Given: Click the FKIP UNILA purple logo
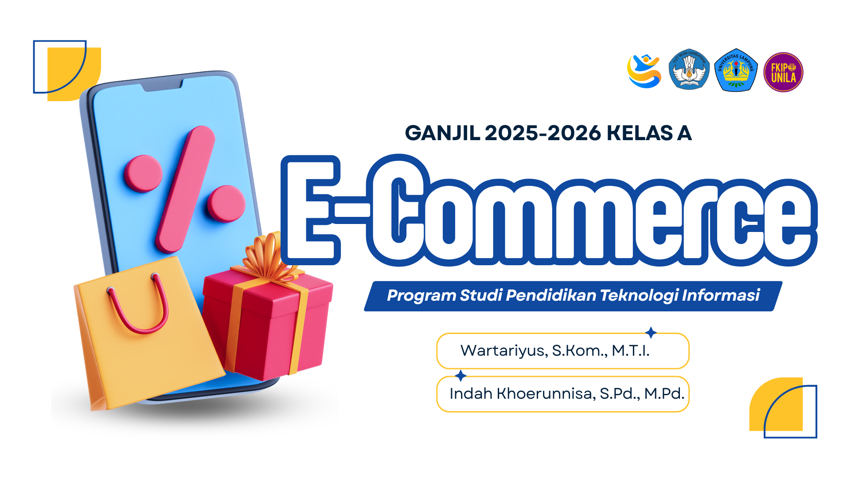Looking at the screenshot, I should (783, 72).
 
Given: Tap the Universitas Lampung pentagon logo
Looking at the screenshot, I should (736, 71).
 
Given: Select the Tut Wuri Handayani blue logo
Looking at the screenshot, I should (689, 70).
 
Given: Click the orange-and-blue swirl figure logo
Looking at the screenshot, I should (644, 71).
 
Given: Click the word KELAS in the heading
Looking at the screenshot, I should (640, 133).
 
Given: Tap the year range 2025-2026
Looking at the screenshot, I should (543, 133).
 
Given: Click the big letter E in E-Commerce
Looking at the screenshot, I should (311, 210).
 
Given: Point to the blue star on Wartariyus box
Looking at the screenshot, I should (651, 332).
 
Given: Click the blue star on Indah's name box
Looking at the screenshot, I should (461, 376).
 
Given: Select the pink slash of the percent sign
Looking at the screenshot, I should (185, 188).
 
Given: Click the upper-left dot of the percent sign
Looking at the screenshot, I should (143, 173).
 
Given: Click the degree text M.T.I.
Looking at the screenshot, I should (630, 351).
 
